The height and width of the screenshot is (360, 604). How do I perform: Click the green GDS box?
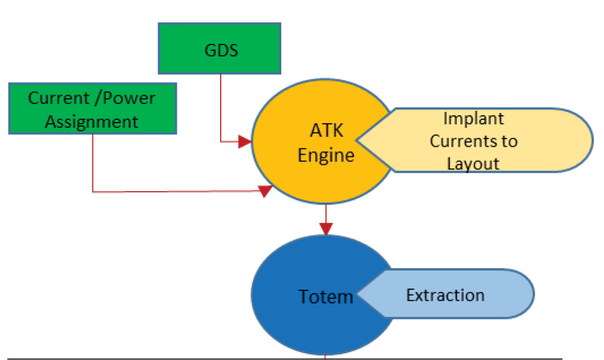(x=220, y=48)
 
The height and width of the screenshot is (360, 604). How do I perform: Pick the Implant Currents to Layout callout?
(x=485, y=140)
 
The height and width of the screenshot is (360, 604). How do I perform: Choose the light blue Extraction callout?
(x=451, y=294)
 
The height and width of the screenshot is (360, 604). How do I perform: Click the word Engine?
(x=326, y=155)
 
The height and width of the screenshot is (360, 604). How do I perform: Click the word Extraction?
(x=445, y=295)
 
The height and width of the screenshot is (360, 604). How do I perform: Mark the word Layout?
(x=473, y=164)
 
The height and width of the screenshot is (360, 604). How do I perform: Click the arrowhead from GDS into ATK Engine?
(x=245, y=141)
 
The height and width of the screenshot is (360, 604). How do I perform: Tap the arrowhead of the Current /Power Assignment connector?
(x=265, y=191)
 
